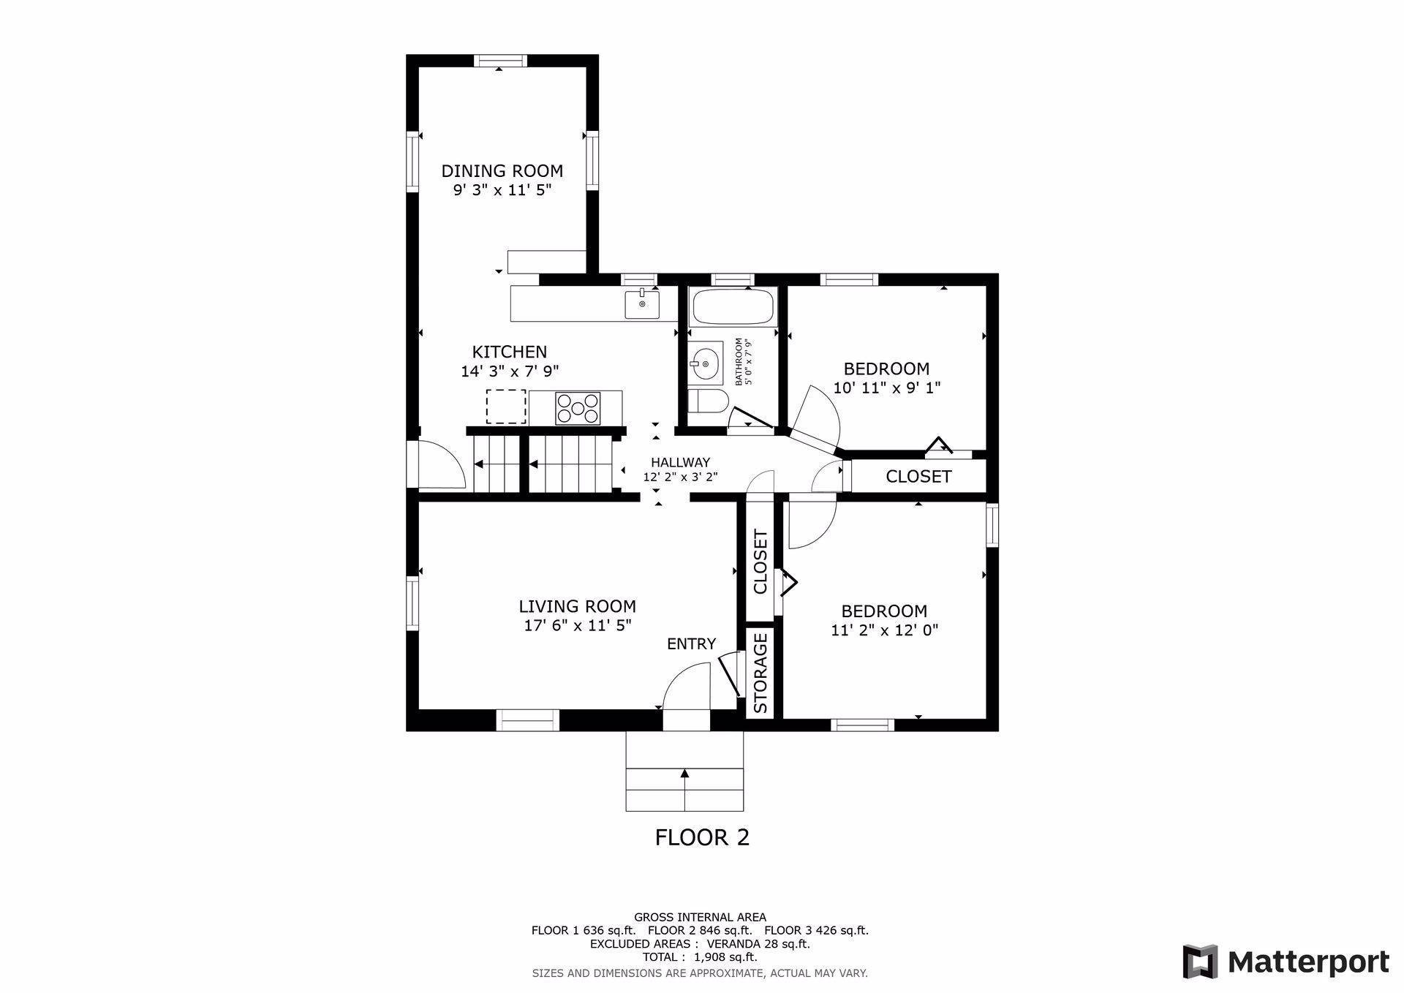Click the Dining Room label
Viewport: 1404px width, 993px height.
click(502, 171)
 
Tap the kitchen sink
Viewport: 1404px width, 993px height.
click(642, 304)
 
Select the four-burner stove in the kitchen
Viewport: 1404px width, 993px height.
click(578, 409)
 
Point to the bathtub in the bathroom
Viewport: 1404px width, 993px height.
click(732, 307)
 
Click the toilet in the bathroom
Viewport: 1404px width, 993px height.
click(709, 401)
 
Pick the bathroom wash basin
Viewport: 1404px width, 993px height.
click(705, 361)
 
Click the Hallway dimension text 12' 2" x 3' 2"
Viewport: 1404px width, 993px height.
click(680, 477)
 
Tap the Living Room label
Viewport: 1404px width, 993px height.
click(577, 606)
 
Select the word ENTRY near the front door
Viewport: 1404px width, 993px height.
click(691, 644)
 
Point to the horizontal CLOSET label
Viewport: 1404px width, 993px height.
click(918, 477)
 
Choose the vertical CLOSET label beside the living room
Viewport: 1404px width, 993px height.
click(760, 562)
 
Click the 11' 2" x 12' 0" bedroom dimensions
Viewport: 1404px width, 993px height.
click(885, 630)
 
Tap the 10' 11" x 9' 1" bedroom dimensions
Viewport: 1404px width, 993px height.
click(886, 388)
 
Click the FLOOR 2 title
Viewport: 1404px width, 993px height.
click(702, 837)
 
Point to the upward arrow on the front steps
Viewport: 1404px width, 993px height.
click(684, 790)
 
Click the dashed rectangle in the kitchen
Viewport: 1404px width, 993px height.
click(506, 407)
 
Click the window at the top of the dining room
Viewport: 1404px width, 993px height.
click(500, 61)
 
